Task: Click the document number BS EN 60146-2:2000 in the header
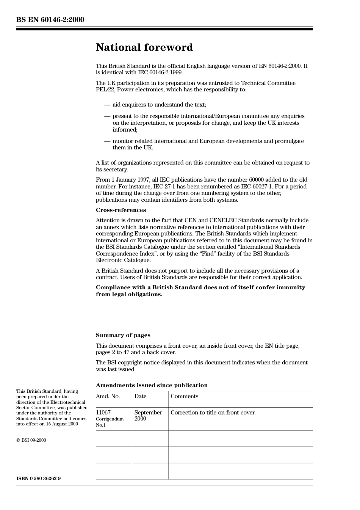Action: [50, 20]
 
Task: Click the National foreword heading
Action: [144, 47]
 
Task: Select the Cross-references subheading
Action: [121, 210]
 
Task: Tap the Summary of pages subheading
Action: [123, 335]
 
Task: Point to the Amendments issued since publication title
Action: [152, 385]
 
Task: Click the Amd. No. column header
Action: [108, 396]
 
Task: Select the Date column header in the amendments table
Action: [140, 396]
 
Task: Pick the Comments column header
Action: [184, 396]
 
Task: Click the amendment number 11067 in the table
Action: [103, 413]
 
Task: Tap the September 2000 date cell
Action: [148, 416]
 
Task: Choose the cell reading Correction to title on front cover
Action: [213, 413]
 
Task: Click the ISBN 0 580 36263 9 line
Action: [38, 479]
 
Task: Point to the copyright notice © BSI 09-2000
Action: [31, 440]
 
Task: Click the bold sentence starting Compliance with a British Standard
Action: [200, 291]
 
